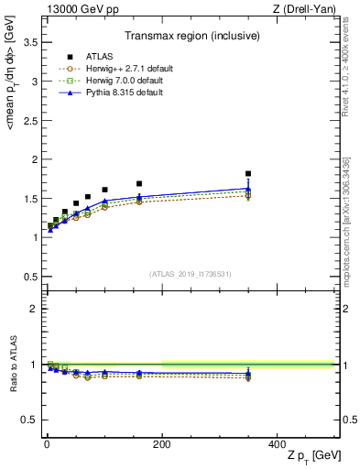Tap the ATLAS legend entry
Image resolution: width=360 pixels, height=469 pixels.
coord(96,55)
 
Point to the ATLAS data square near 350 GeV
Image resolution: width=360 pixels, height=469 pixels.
coord(248,173)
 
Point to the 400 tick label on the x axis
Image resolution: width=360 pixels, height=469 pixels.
coord(276,443)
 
